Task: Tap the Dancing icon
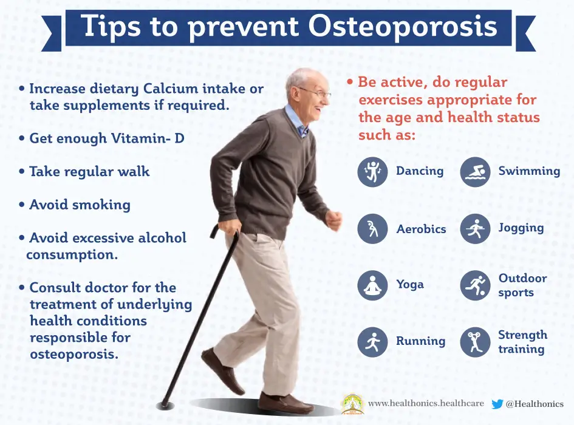tap(372, 172)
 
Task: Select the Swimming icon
tap(475, 172)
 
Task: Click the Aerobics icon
tap(372, 229)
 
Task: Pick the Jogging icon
tap(475, 229)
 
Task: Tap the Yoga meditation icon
tap(372, 285)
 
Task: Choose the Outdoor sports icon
tap(475, 285)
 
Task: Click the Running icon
tap(372, 342)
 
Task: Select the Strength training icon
tap(475, 342)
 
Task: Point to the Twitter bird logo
tap(497, 404)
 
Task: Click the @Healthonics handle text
tap(535, 404)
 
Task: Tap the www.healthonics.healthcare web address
tap(426, 403)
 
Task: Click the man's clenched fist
tap(333, 219)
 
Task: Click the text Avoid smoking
tap(80, 205)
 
